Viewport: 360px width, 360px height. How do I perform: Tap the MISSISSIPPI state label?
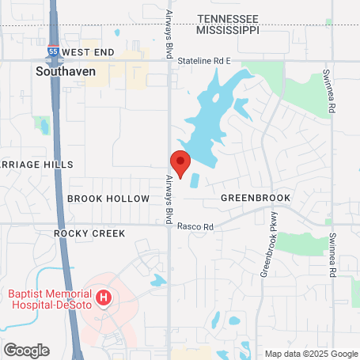(x=228, y=29)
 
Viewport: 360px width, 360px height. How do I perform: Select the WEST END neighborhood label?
(x=88, y=52)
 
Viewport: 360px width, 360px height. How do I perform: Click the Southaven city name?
(x=66, y=70)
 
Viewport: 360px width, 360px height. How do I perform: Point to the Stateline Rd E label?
(x=203, y=60)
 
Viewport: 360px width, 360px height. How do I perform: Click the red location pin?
(x=180, y=162)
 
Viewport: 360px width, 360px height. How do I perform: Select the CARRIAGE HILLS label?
(x=36, y=165)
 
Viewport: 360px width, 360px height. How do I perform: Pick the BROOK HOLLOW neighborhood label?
(x=108, y=199)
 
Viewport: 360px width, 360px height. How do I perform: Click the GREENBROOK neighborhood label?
(x=256, y=197)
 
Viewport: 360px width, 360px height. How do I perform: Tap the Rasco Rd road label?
(x=195, y=226)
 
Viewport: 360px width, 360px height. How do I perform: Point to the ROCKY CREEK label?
(x=90, y=233)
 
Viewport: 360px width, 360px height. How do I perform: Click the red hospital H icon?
(x=103, y=298)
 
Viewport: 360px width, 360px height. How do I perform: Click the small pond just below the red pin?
(x=195, y=180)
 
